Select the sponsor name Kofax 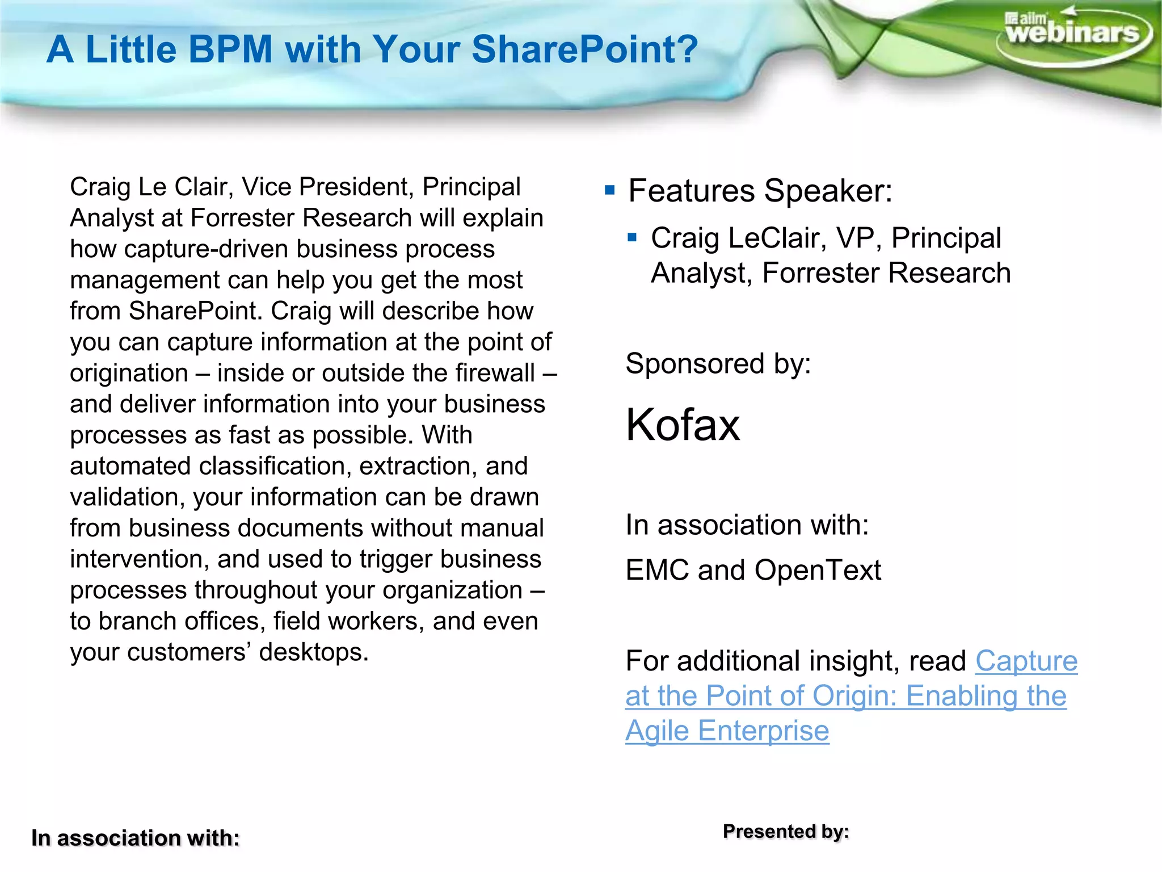click(683, 425)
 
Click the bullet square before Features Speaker click(610, 190)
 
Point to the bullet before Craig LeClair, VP click(633, 237)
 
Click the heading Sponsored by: click(718, 363)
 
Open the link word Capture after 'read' click(1026, 661)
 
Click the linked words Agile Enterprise click(727, 731)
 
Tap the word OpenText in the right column click(818, 570)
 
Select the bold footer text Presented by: click(786, 832)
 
